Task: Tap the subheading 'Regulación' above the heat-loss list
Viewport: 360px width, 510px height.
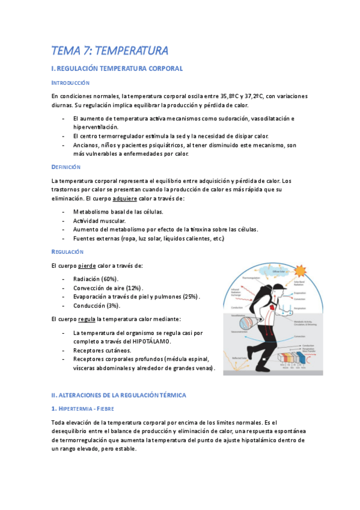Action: coord(67,251)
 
